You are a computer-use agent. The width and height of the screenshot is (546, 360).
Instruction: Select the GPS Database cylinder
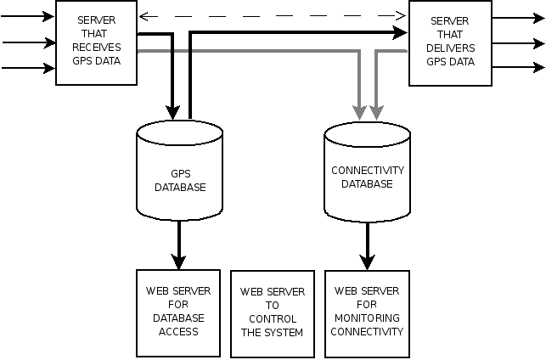(179, 174)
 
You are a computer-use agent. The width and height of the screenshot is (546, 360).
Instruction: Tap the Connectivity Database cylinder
(367, 174)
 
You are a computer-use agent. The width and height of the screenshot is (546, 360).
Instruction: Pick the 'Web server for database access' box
(178, 312)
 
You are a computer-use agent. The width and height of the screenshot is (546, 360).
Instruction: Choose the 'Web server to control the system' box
(272, 312)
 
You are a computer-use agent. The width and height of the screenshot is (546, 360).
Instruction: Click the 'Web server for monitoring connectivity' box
(367, 312)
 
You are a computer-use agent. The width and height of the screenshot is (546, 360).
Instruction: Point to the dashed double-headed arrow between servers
(272, 14)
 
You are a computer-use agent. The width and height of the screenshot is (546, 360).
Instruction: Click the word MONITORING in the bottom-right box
(367, 318)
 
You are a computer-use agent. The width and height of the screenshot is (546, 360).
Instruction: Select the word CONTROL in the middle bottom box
(272, 319)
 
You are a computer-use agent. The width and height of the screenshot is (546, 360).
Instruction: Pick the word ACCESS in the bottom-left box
(178, 331)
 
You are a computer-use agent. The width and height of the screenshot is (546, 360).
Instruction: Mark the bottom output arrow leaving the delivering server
(516, 67)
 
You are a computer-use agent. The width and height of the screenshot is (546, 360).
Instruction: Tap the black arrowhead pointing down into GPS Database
(174, 112)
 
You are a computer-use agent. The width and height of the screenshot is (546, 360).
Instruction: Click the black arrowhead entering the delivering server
(400, 32)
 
